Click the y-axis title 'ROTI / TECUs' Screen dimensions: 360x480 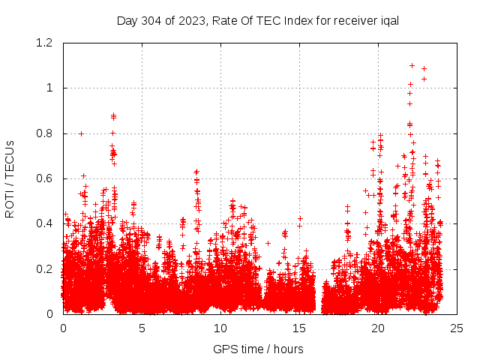10,178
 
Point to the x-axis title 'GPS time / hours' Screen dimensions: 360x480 258,349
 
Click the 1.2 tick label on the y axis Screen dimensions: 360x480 45,43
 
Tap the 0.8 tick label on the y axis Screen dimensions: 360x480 45,133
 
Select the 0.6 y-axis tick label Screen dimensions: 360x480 45,178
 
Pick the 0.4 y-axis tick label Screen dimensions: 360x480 45,223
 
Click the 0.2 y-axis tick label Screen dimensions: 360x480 45,268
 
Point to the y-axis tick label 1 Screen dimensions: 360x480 50,88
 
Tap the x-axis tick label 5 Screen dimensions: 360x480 142,328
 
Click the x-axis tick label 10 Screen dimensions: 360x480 220,328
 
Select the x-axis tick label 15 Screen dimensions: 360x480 299,328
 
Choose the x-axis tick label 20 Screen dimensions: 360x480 378,328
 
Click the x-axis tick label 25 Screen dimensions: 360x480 457,328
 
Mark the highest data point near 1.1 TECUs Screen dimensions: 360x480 412,65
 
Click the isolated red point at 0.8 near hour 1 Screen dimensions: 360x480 81,133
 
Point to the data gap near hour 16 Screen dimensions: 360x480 319,296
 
